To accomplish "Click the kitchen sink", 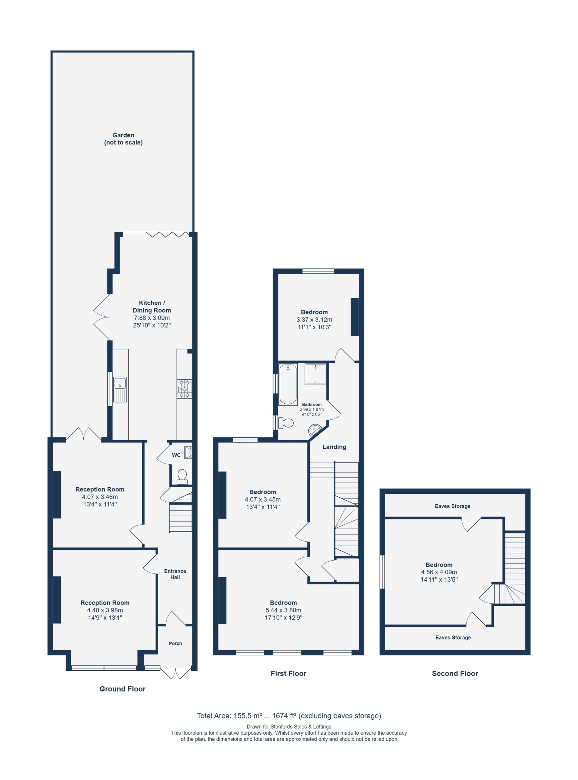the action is [x=120, y=390].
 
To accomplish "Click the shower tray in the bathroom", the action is [x=315, y=374].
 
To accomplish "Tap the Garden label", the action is [x=123, y=139].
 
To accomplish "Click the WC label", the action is [x=176, y=455].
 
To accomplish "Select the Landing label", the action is [x=334, y=447].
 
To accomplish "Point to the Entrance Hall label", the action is [x=175, y=574].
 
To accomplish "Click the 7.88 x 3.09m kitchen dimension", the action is [x=152, y=318].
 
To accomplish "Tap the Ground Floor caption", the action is [x=122, y=689].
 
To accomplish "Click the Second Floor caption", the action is [x=455, y=673].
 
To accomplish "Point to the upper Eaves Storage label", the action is [x=452, y=506].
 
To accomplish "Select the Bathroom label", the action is [x=312, y=404].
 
